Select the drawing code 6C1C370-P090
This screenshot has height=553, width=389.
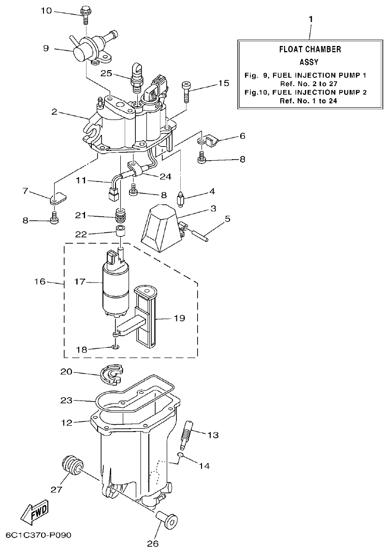38,536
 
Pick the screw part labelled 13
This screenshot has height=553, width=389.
187,433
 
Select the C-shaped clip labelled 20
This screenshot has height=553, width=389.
111,375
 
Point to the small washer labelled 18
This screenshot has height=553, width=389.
115,346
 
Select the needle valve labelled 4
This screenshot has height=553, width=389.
180,198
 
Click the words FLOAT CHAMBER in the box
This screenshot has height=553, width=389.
310,49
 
